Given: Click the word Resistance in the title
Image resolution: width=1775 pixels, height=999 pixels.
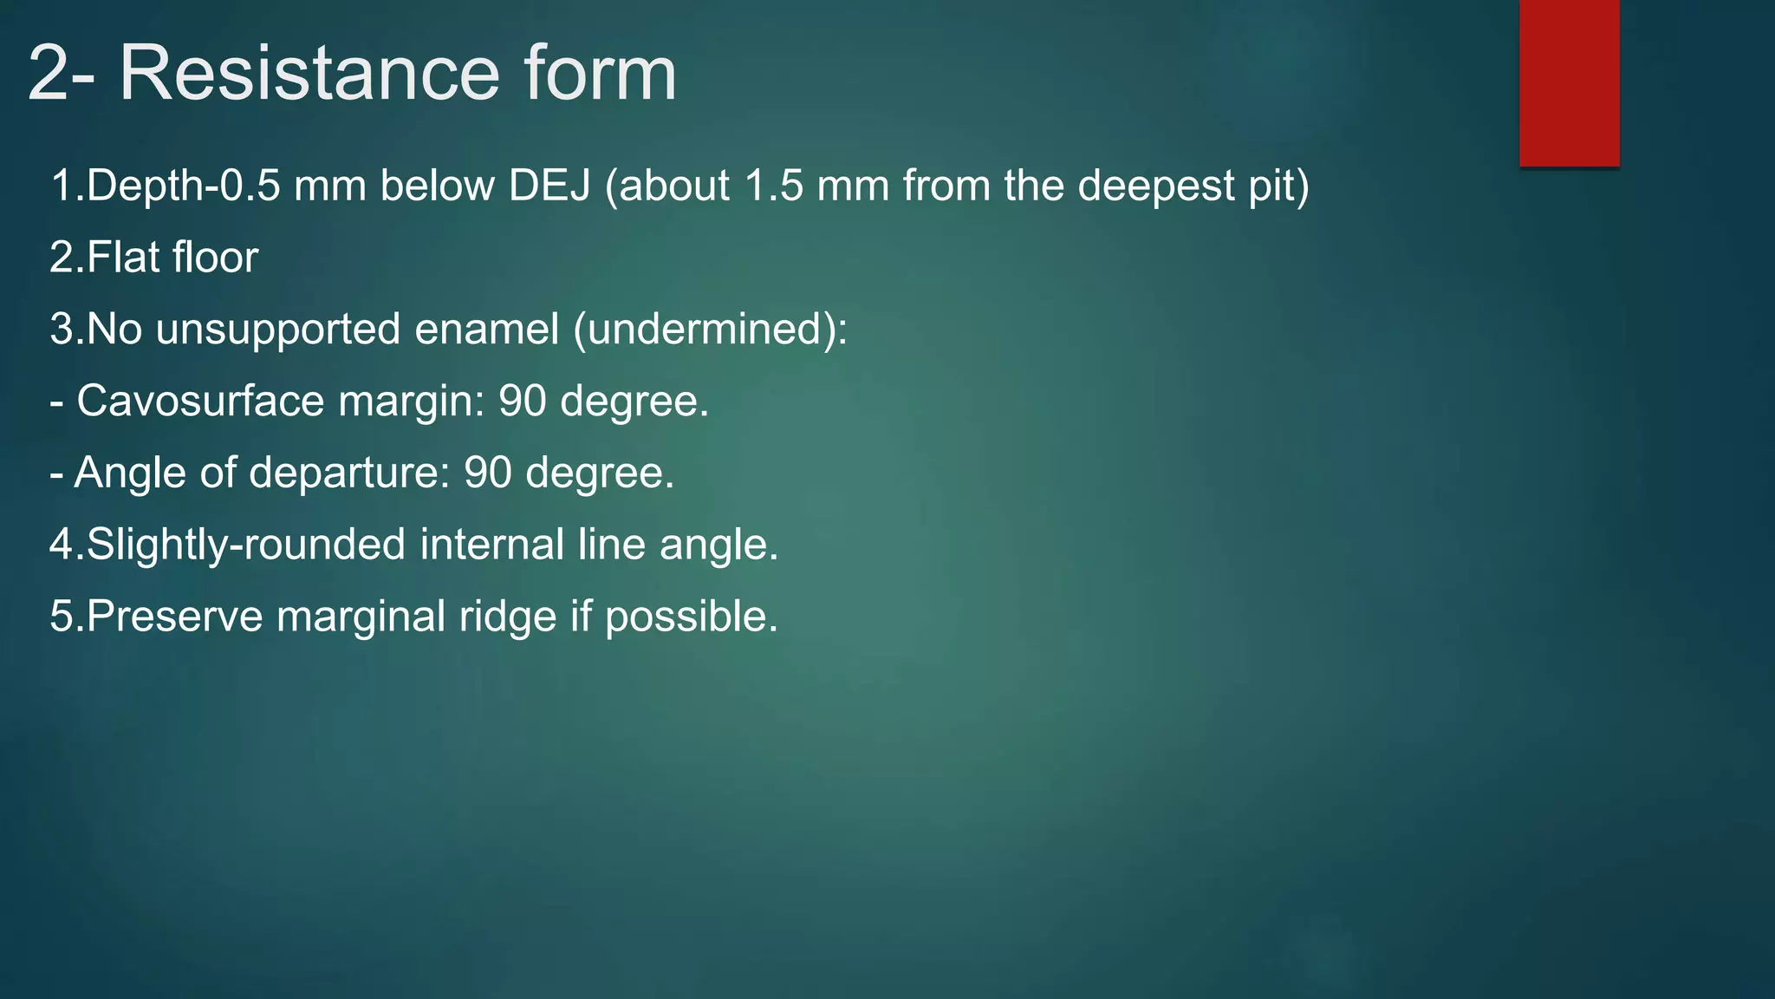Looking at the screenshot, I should pos(309,73).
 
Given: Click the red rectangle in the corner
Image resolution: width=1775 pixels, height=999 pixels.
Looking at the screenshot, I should pos(1569,82).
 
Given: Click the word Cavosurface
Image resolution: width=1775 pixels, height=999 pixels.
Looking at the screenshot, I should pos(201,402).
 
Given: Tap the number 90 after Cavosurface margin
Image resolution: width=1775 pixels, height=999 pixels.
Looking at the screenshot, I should pos(522,402).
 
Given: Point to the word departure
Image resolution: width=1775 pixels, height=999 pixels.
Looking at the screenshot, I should pos(349,473).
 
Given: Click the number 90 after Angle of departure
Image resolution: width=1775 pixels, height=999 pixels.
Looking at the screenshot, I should pos(487,473).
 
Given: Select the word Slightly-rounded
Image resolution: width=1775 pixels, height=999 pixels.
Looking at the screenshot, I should pos(245,545).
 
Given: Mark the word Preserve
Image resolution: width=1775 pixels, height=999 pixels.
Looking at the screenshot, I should pos(174,617).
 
